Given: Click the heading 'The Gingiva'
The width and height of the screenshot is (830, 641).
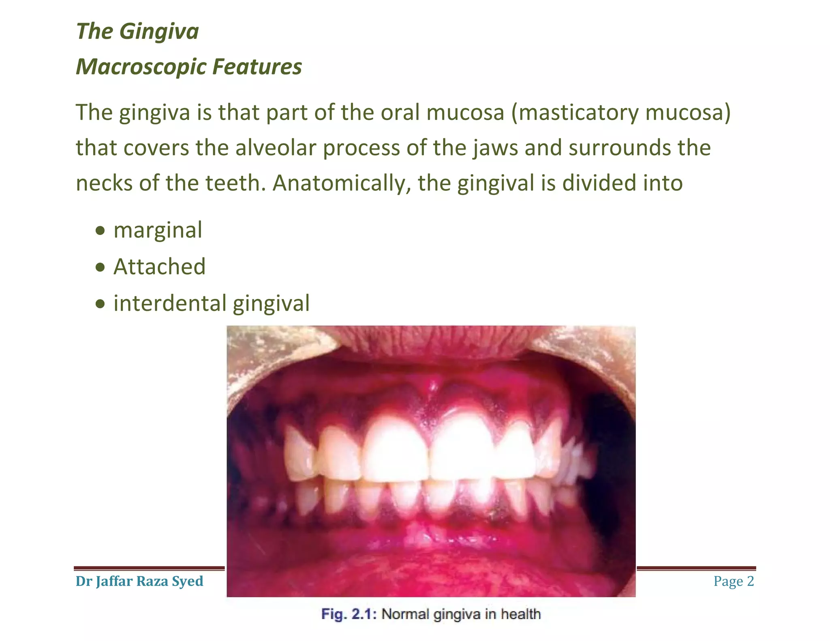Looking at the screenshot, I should tap(137, 31).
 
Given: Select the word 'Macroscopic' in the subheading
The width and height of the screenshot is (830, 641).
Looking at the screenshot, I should tap(140, 67).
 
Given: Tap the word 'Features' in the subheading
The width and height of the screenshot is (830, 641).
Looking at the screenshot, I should tap(257, 67).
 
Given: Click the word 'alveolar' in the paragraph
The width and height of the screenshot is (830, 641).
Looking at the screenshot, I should tap(276, 147).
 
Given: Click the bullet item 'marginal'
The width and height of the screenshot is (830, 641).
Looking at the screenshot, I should tap(158, 230).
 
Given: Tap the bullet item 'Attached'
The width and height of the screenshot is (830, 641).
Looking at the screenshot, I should tap(159, 267).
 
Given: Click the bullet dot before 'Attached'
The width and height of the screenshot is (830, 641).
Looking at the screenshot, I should tap(100, 268).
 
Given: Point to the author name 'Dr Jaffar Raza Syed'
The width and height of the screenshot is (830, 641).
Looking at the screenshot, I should tap(139, 581).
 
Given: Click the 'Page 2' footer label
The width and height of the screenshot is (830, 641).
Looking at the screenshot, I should tap(734, 581).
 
